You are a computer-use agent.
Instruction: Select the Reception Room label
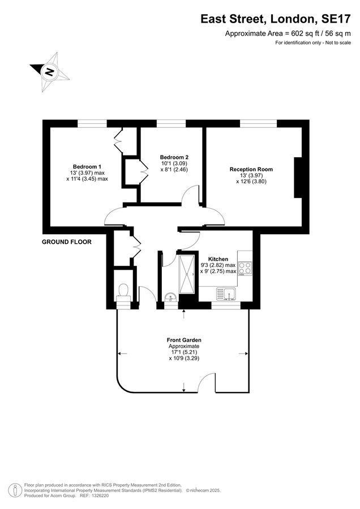251,169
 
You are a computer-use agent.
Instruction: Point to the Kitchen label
218,258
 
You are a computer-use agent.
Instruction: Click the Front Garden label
184,340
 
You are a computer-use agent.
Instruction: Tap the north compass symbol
50,71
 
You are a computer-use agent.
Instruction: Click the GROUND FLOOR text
67,242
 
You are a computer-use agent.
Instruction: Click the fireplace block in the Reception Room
297,178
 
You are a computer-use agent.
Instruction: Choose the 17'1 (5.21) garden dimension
184,352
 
